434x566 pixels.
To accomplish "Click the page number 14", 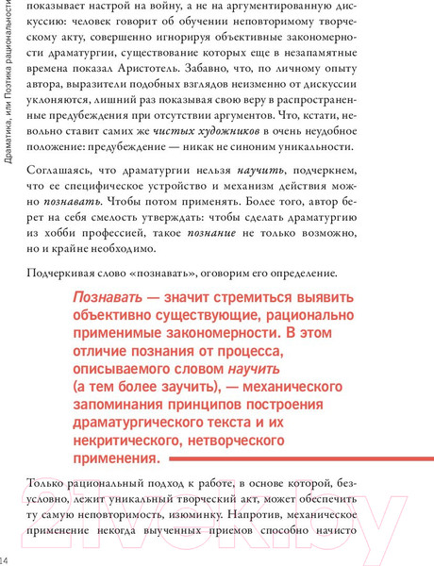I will tap(7, 548).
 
